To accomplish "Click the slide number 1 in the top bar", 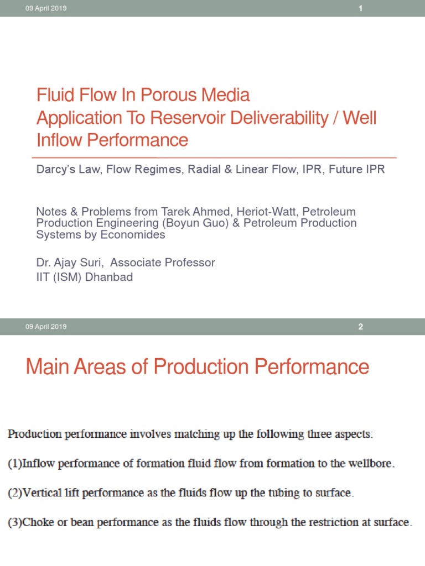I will pyautogui.click(x=360, y=8).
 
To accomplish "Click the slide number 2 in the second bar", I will pyautogui.click(x=360, y=327).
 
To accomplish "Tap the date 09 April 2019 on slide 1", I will pyautogui.click(x=46, y=8).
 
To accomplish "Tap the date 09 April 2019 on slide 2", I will pyautogui.click(x=46, y=327).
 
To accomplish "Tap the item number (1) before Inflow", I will pyautogui.click(x=14, y=464).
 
